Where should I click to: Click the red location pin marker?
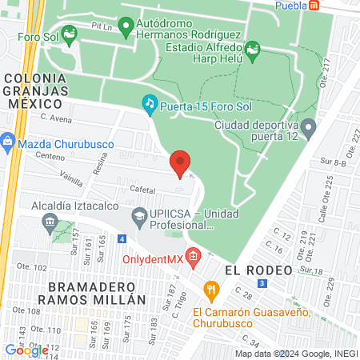pos(180,163)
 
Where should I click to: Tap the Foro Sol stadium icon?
pos(69,33)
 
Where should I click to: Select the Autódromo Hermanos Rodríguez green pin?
pos(126,29)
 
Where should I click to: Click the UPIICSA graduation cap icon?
pos(139,215)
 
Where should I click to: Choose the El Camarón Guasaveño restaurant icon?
pos(210,290)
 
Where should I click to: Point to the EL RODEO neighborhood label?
pos(258,270)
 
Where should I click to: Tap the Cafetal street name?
pos(142,190)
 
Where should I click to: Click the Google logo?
pos(26,350)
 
